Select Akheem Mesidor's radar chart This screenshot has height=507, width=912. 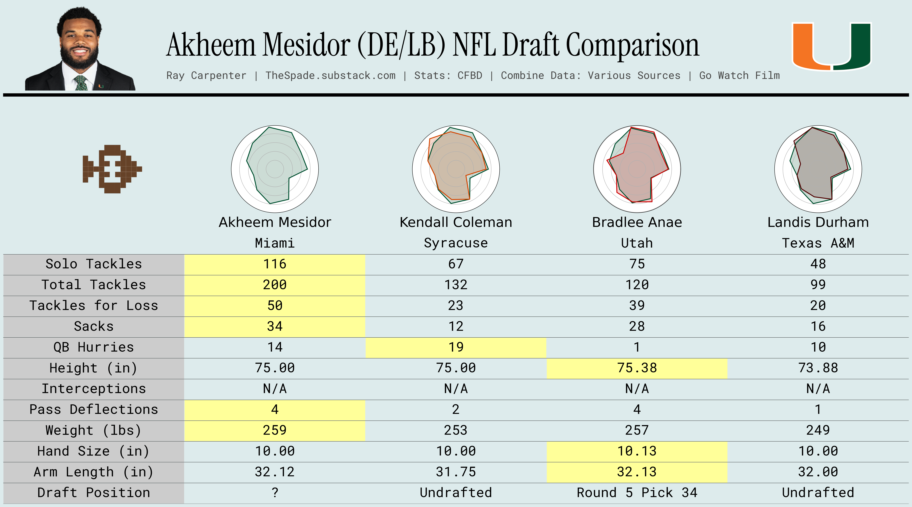275,169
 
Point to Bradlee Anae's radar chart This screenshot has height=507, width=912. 637,169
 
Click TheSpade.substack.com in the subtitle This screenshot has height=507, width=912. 330,75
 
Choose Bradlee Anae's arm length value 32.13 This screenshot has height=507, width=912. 637,472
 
